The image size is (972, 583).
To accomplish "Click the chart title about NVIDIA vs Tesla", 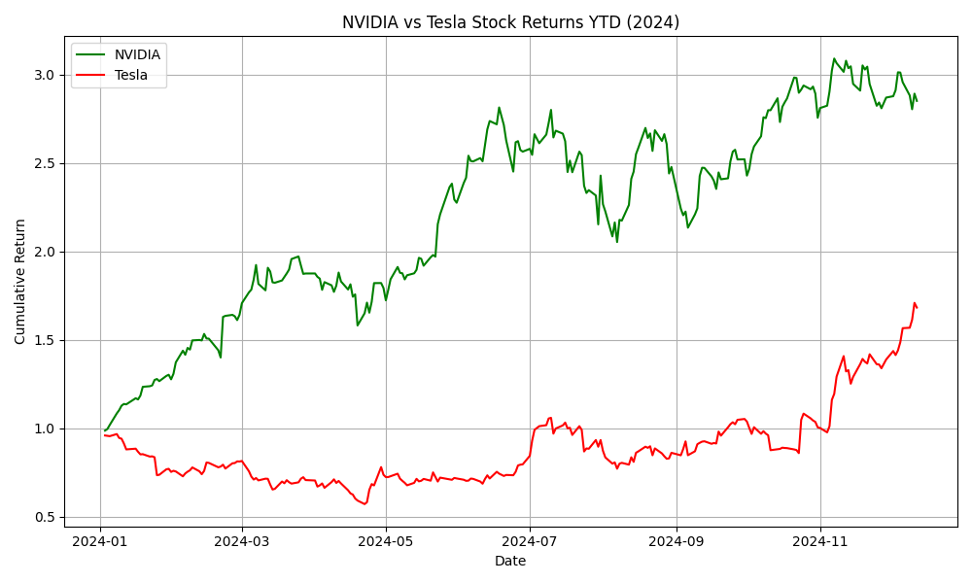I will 510,22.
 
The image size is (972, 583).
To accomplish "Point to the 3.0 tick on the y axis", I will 45,75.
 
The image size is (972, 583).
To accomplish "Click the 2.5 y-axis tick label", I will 45,163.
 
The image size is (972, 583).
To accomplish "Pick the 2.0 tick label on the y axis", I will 45,252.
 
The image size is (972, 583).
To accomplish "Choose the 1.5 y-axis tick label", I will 45,340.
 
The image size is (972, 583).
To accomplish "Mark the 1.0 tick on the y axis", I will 45,429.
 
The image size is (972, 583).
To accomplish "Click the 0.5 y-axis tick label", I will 45,517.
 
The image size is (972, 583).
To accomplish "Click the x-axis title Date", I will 510,562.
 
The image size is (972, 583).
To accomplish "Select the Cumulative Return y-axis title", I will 20,281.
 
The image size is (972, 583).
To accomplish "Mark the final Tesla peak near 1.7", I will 915,303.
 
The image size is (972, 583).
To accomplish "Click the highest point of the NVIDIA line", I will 834,58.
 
